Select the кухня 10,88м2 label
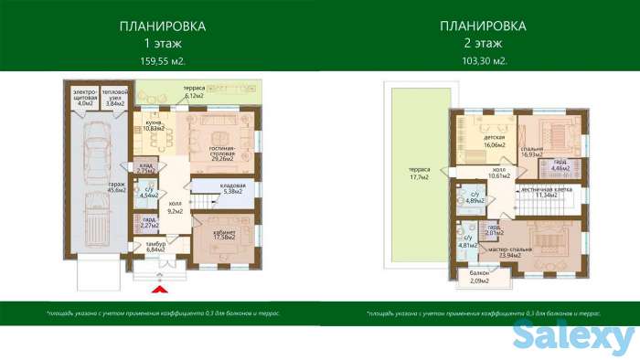click(x=153, y=126)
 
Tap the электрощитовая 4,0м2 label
click(x=85, y=98)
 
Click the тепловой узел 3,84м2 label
click(x=114, y=98)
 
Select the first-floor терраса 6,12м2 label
click(x=193, y=91)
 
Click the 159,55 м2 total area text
click(x=162, y=61)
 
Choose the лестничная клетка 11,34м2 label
click(x=546, y=192)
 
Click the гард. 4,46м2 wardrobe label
click(x=559, y=165)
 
